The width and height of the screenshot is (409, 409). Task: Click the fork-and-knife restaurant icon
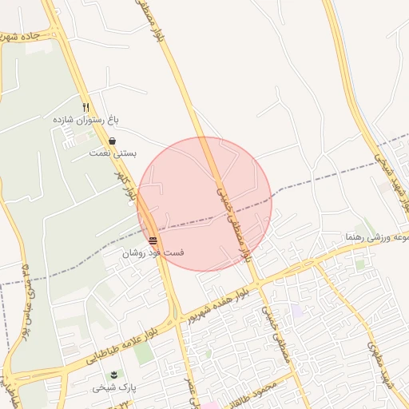[86, 107]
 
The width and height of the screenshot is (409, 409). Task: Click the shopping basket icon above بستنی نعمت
[113, 141]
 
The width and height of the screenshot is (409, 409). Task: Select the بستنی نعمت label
[113, 152]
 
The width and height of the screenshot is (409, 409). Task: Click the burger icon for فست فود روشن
[153, 240]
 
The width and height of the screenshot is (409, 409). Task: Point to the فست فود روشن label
[153, 252]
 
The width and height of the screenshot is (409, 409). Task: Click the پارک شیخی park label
[113, 387]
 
